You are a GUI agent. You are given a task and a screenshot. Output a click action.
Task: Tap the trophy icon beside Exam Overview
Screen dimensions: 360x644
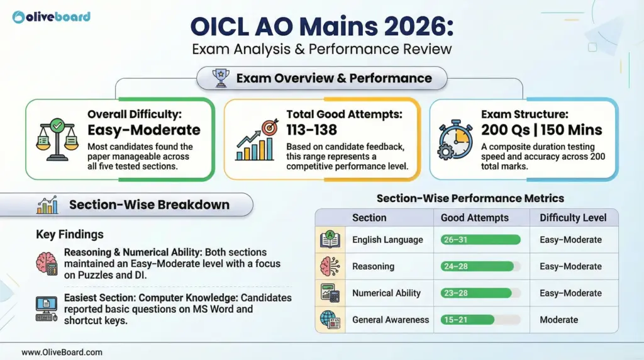[220, 79]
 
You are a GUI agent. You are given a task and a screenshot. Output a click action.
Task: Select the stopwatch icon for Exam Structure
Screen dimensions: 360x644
[455, 140]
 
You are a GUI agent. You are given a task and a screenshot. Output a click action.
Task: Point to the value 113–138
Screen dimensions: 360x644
[311, 130]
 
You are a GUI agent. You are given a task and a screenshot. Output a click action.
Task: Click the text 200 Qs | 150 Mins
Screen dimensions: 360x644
[541, 130]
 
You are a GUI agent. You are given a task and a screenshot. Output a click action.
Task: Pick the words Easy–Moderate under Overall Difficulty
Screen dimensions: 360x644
[144, 130]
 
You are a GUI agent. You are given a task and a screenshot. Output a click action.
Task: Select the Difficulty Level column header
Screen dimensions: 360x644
[573, 217]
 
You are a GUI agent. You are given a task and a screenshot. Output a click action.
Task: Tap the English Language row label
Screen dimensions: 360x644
[387, 240]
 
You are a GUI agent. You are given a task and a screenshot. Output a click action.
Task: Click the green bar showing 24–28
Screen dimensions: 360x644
[477, 266]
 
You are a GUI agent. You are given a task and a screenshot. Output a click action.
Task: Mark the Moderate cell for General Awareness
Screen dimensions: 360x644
[558, 320]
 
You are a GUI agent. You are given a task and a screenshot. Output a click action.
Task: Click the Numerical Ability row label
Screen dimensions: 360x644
[386, 293]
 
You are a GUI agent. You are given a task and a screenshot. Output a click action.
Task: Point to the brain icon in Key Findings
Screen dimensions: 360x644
[48, 262]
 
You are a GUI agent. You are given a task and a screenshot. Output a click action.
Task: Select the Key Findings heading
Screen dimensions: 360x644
[70, 234]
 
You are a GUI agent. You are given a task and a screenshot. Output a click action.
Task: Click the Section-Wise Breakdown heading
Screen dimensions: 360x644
[149, 205]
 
